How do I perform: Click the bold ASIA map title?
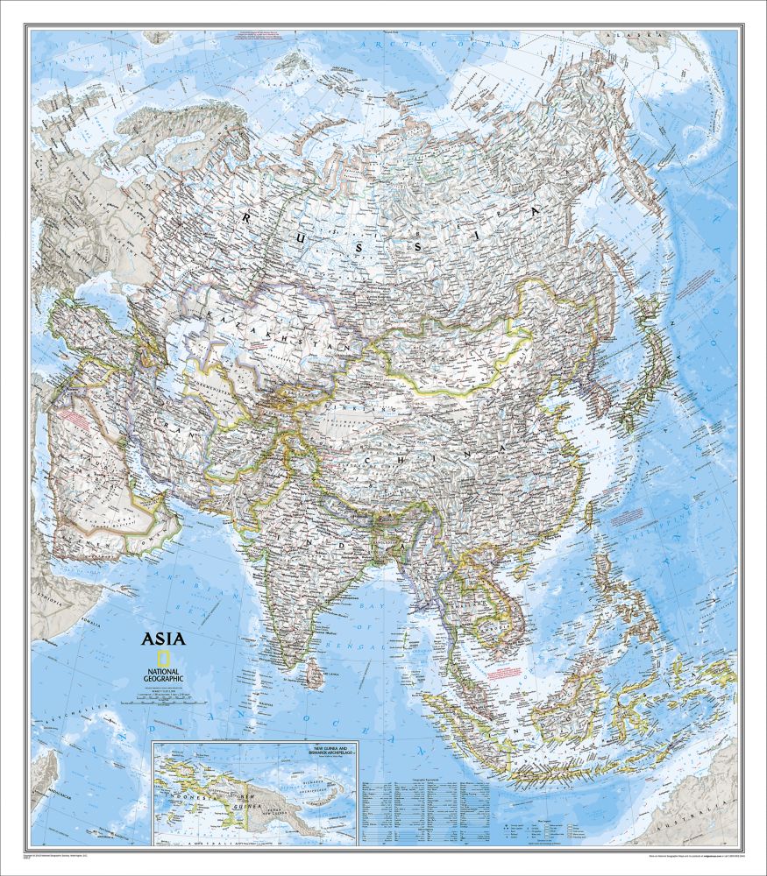[x=164, y=639]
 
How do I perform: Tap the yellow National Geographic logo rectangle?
[x=162, y=658]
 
